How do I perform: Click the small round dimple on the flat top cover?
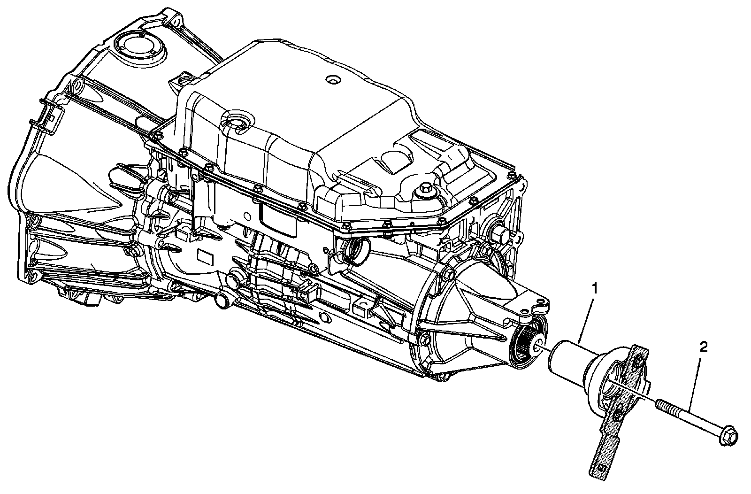point(332,79)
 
